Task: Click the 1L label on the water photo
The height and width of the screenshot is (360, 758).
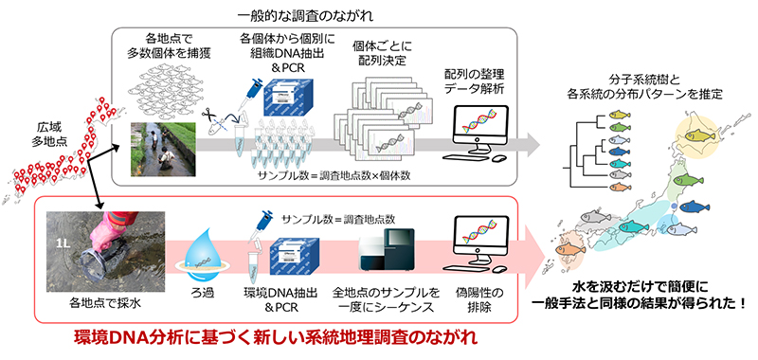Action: (63, 241)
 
